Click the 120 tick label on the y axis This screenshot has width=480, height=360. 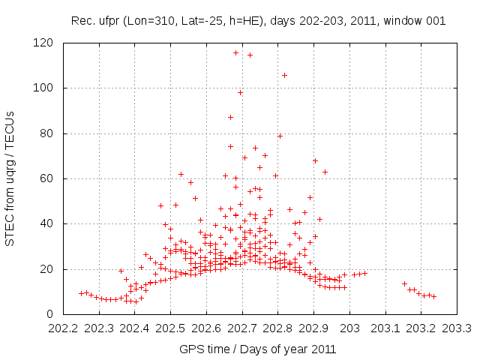[x=43, y=43]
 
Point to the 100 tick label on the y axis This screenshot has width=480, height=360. [x=43, y=88]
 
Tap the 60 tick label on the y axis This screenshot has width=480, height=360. [x=46, y=178]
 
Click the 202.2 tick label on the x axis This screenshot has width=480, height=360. [x=63, y=328]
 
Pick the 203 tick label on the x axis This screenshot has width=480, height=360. [x=349, y=328]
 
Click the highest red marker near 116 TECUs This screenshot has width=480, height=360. [x=235, y=52]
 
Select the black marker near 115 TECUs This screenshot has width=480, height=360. [x=250, y=55]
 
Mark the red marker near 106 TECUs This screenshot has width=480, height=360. [x=284, y=75]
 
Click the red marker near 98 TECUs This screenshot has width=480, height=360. [x=240, y=93]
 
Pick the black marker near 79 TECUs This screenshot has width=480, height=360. [x=280, y=136]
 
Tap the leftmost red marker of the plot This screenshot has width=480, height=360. [x=81, y=293]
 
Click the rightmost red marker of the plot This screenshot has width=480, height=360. [x=433, y=296]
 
